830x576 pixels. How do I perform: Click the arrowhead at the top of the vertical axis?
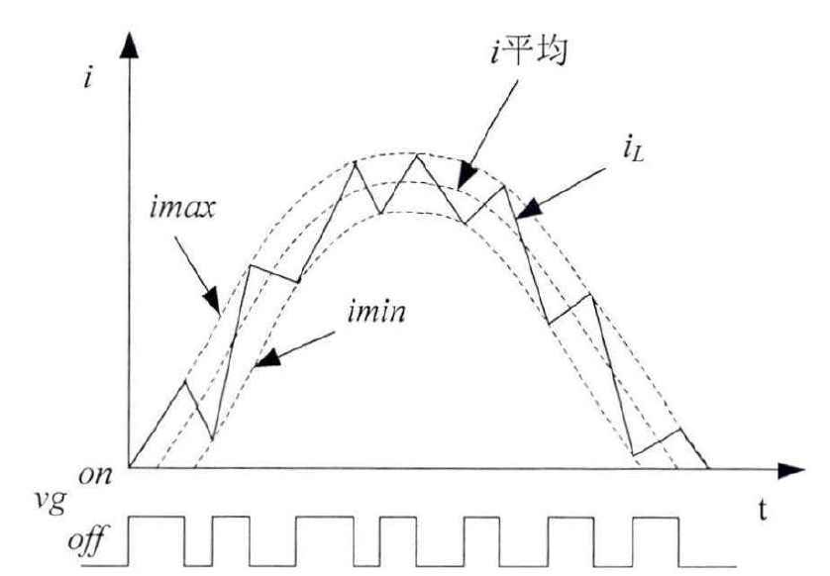pyautogui.click(x=128, y=44)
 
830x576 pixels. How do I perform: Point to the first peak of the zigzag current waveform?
pyautogui.click(x=186, y=382)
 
